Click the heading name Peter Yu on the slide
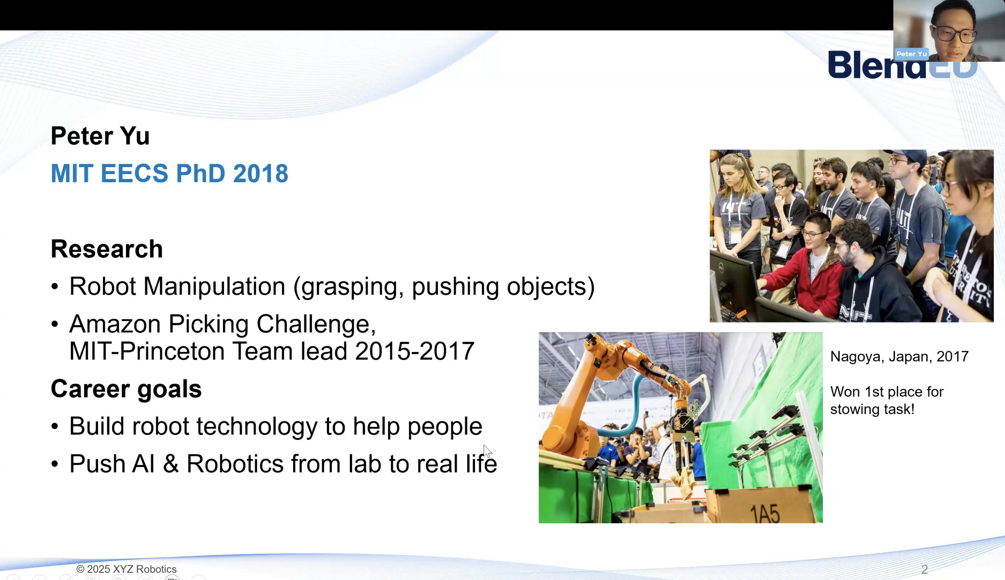pos(100,136)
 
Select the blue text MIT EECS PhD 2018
pos(169,173)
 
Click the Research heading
pos(107,249)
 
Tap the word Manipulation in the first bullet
pos(214,286)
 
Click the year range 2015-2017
pos(414,351)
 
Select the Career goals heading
pos(126,389)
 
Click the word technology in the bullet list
pos(257,426)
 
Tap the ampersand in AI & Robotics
pos(170,464)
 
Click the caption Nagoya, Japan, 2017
pos(899,356)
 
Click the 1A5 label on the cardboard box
pos(765,514)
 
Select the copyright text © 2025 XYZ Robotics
pos(126,569)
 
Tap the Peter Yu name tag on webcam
pos(911,54)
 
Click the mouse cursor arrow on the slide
pos(487,451)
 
